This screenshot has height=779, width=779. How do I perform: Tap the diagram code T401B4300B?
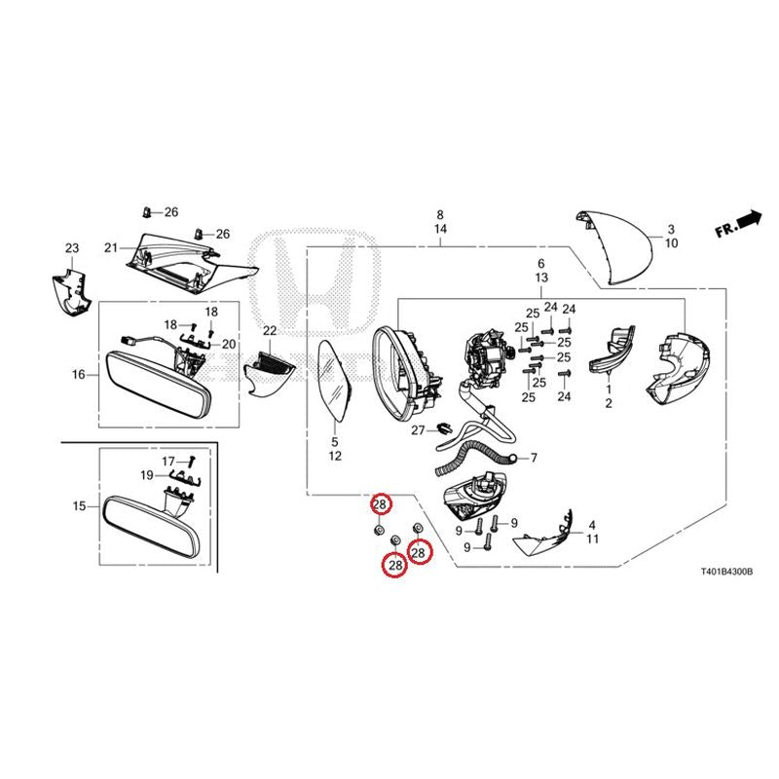[726, 572]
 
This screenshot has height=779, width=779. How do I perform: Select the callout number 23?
[72, 248]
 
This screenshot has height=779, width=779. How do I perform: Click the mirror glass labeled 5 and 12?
[334, 380]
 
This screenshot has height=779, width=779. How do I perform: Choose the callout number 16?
[79, 374]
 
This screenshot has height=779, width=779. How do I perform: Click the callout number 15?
[80, 506]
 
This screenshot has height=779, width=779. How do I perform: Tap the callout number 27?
[418, 429]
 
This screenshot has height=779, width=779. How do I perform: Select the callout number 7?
[534, 457]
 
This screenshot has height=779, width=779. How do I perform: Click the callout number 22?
[270, 330]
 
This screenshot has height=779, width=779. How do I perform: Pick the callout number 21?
[111, 247]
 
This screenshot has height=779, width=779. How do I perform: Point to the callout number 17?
[168, 462]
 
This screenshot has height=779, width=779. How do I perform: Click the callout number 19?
[147, 475]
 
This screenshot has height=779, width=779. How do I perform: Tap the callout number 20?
[229, 344]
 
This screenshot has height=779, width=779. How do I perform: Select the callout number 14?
[440, 229]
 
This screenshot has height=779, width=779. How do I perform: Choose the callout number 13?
[541, 278]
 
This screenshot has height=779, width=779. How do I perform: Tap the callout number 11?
[592, 538]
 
